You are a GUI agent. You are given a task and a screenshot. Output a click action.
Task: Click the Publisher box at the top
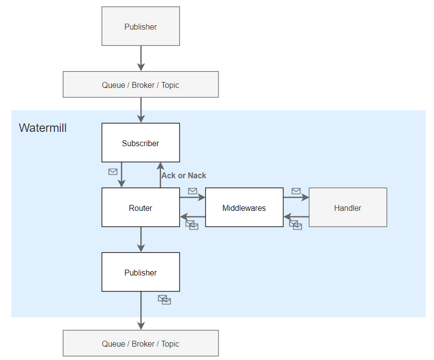[140, 26]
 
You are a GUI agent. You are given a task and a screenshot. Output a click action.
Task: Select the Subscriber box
[140, 143]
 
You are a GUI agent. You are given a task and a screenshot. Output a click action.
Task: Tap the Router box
[140, 207]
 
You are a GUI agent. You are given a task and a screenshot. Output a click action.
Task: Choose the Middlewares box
[244, 207]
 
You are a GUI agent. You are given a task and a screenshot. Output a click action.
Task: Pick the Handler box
[347, 207]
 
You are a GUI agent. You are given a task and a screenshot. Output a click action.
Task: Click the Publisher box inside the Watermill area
[140, 272]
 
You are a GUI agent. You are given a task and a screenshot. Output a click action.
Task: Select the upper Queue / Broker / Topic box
[140, 84]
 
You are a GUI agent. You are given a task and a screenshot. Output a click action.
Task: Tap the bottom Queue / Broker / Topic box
[140, 343]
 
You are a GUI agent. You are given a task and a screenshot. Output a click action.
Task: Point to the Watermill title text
[43, 128]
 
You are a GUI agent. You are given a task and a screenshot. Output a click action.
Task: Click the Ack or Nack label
[184, 176]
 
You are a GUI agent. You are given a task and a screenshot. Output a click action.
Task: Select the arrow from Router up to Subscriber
[160, 175]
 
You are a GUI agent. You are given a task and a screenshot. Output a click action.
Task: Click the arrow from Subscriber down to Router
[122, 175]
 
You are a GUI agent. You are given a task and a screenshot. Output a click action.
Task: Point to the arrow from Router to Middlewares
[193, 198]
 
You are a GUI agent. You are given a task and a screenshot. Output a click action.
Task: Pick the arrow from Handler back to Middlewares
[296, 217]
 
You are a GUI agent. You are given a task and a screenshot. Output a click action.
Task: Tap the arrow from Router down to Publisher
[141, 240]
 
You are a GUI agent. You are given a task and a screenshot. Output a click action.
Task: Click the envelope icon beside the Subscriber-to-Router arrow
[113, 172]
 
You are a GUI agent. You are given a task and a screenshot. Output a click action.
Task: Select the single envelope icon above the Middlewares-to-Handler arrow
[296, 191]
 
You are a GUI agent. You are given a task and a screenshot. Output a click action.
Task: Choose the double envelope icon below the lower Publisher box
[165, 300]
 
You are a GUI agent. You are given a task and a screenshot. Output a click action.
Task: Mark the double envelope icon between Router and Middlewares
[192, 225]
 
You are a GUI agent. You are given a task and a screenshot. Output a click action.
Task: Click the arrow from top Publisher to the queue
[141, 59]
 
